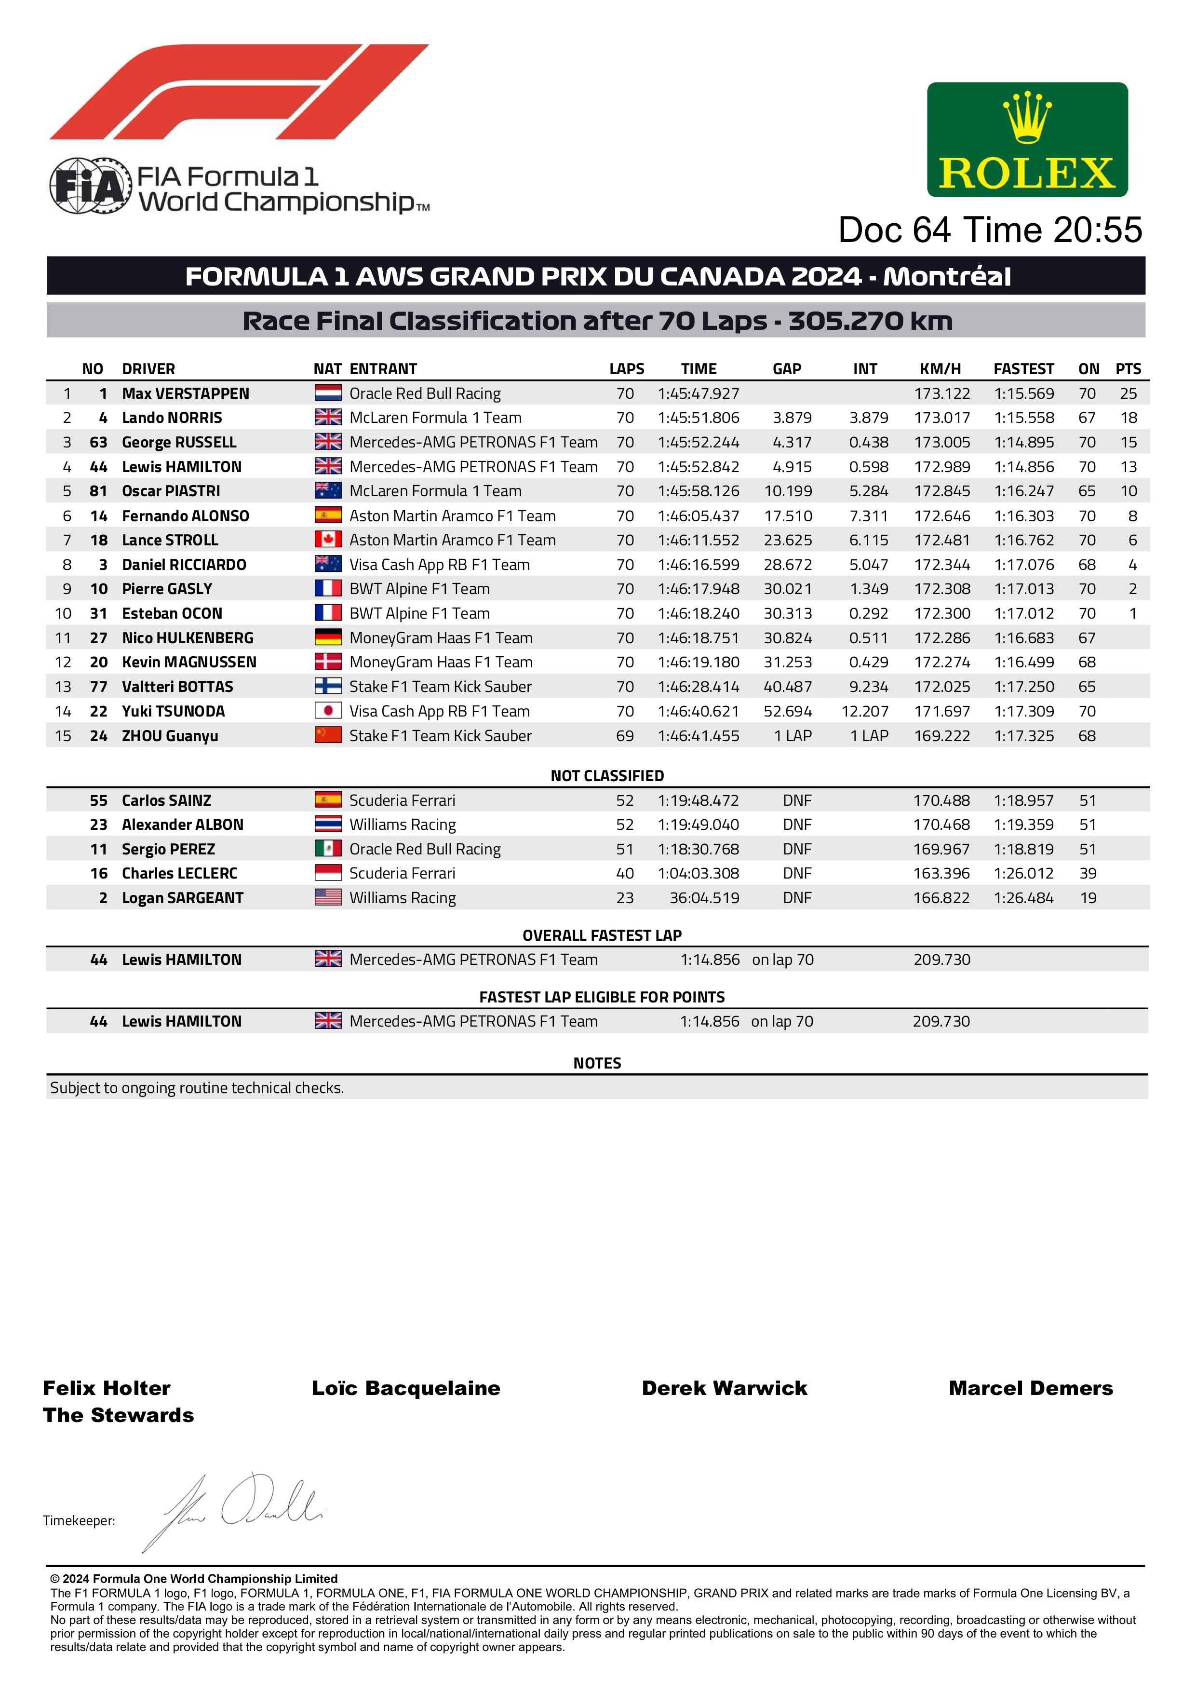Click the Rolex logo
1027,139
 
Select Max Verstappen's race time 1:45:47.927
698,393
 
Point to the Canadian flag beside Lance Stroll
328,540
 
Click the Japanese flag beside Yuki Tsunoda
328,711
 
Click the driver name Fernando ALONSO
185,516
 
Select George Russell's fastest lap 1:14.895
1023,442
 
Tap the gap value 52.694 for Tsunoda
787,711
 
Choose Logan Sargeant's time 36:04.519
704,897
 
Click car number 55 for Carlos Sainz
99,800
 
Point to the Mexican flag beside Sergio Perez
328,849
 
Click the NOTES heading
597,1063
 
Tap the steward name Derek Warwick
725,1388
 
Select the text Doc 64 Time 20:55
990,230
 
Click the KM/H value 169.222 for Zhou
942,735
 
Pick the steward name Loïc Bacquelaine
405,1388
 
